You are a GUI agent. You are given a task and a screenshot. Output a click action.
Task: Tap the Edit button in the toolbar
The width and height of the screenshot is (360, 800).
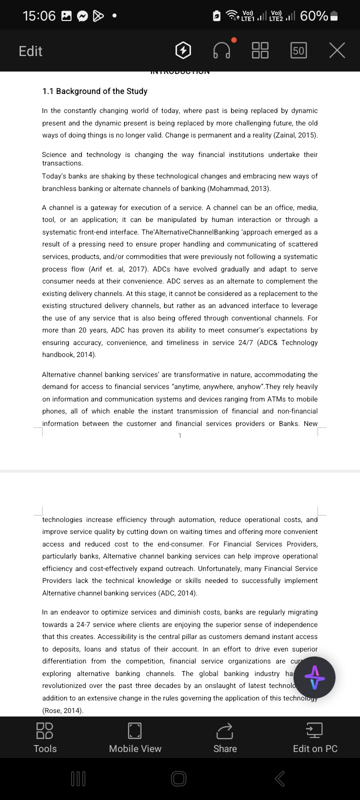30,51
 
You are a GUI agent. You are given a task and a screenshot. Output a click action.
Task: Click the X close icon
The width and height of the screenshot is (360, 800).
337,50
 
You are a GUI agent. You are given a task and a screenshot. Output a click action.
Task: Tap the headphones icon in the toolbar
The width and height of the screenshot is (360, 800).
222,50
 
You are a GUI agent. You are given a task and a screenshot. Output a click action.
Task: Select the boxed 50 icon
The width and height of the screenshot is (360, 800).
298,50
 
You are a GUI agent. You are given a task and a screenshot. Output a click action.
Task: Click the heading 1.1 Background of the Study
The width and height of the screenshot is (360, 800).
95,91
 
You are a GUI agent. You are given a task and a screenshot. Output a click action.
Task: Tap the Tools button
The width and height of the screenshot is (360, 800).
45,737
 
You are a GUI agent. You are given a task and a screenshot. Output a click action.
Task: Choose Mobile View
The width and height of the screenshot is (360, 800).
135,737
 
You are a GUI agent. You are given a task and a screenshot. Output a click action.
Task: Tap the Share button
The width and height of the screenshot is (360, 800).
225,737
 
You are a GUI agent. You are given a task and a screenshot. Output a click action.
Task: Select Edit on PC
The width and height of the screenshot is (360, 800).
315,737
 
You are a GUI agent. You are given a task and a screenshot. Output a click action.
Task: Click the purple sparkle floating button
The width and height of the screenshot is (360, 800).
314,677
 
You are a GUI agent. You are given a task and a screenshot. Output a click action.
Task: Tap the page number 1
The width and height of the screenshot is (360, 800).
180,435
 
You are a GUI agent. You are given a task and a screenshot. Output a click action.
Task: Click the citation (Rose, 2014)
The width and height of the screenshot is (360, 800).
63,710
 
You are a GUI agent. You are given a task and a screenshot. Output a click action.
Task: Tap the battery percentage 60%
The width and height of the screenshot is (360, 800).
314,16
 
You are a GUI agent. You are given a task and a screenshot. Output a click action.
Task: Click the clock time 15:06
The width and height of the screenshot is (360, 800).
39,16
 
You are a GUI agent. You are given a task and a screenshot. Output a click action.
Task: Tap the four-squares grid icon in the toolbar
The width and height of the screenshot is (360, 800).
260,50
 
